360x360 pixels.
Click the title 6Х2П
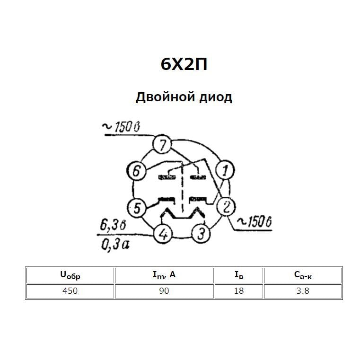point(184,64)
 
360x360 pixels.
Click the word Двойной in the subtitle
point(165,97)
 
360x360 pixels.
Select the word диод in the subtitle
point(215,97)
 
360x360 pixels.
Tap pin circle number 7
point(162,144)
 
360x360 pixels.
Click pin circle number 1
point(225,170)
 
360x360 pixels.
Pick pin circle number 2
point(227,207)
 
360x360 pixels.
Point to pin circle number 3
point(201,234)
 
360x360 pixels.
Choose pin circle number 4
point(163,234)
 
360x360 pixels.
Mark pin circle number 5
point(136,208)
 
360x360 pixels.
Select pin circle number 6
point(136,171)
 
